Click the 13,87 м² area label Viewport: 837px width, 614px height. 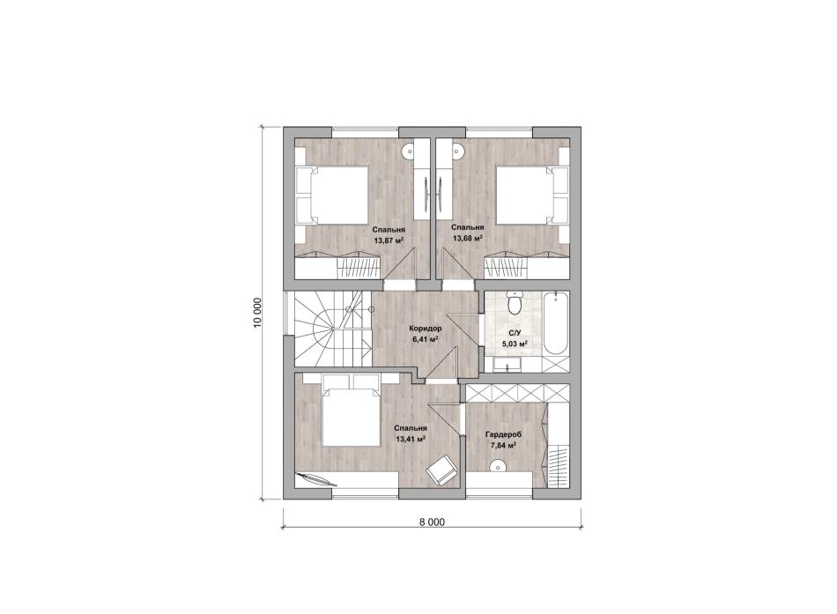388,240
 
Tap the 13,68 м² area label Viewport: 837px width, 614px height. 468,238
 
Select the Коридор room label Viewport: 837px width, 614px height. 426,329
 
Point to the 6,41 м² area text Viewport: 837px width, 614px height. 426,338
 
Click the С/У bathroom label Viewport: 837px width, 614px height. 515,333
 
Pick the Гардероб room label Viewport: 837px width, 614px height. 503,434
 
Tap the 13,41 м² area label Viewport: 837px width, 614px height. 410,440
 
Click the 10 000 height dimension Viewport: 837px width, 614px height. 258,313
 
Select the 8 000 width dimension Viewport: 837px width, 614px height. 432,522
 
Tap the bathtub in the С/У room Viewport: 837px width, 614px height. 556,323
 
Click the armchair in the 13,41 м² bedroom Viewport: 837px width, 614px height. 441,470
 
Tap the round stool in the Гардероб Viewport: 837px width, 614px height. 497,466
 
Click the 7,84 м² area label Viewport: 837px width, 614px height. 503,445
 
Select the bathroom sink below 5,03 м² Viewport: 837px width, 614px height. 507,366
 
